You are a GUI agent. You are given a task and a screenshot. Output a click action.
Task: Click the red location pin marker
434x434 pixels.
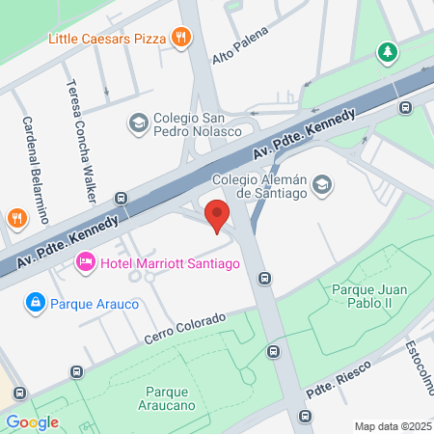click(218, 217)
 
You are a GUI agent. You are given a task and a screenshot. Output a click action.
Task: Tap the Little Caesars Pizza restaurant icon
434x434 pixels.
click(180, 38)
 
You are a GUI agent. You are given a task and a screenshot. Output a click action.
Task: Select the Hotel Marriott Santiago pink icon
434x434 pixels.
click(86, 261)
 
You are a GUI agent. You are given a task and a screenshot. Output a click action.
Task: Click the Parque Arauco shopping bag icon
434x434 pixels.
click(36, 303)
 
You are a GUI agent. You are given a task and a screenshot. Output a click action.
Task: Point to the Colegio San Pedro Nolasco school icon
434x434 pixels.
click(139, 122)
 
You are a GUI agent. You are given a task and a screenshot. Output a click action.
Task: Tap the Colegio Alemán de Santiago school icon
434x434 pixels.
click(322, 184)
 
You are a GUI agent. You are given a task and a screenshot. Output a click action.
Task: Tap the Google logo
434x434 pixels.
click(32, 421)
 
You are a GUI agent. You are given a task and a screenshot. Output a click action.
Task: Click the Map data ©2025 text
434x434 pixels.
click(392, 425)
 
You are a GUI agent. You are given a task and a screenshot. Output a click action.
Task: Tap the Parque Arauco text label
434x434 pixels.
click(95, 304)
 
